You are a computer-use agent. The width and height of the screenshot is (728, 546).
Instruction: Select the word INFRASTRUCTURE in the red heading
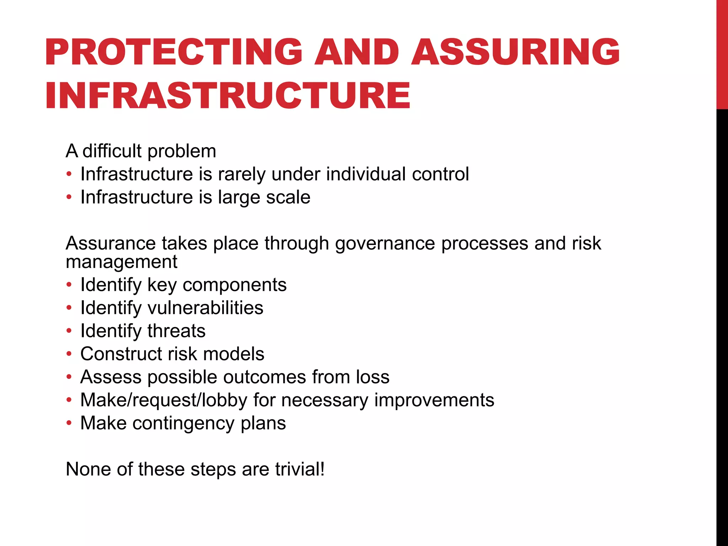[x=228, y=95]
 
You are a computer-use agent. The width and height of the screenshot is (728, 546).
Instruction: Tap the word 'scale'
[x=288, y=197]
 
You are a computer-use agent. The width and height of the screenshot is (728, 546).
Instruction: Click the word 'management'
[x=121, y=262]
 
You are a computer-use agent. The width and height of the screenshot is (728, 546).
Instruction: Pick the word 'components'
[x=234, y=285]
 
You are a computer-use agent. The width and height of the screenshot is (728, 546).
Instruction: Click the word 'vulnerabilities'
[x=205, y=308]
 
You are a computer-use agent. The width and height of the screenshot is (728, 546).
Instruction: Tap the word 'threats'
[x=176, y=331]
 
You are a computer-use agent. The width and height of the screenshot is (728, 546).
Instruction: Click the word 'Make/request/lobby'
[x=164, y=400]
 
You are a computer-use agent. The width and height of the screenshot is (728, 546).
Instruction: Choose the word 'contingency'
[x=183, y=423]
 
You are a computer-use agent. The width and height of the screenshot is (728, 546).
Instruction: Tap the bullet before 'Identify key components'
[x=69, y=285]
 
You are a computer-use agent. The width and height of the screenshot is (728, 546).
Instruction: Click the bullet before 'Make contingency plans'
[x=69, y=423]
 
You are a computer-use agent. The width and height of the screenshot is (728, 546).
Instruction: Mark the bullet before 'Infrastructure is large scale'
[x=69, y=197]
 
